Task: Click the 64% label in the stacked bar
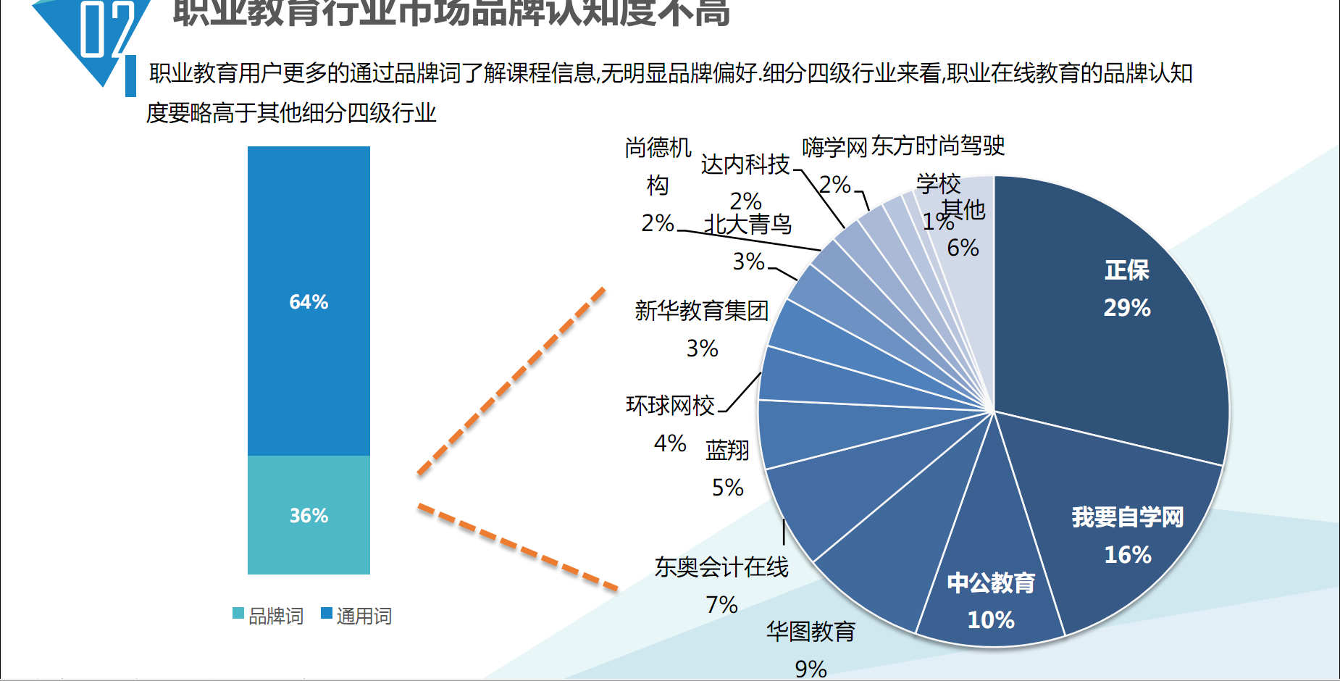309,302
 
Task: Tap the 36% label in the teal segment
309,516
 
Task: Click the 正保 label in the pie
1127,270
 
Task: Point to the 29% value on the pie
1127,308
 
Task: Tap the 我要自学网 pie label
1127,517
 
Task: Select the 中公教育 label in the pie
991,583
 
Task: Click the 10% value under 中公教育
991,620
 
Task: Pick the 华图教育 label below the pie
811,632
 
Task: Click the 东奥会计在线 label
721,567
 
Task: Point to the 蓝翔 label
727,451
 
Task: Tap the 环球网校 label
670,406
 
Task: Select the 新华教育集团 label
701,311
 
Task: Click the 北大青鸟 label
748,225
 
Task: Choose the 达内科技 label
745,165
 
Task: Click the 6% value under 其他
963,248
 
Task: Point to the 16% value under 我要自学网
1127,555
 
